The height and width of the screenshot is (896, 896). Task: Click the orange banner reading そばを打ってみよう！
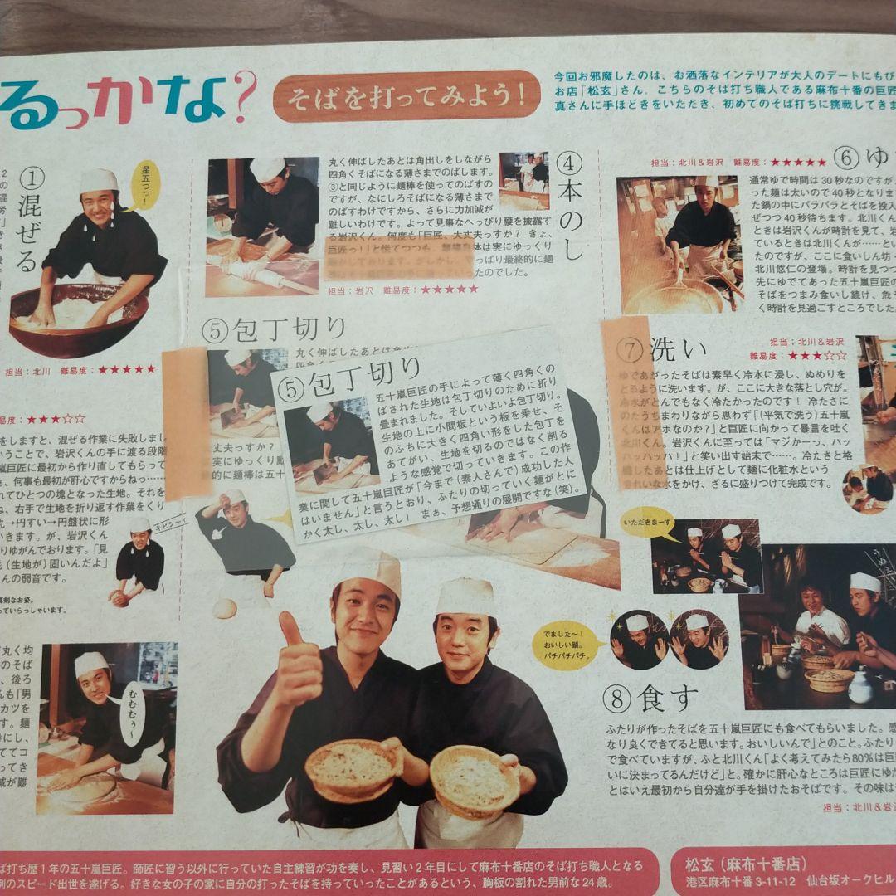[x=406, y=95]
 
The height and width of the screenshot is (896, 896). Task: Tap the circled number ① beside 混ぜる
[x=30, y=177]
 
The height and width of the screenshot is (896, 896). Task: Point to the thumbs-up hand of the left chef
[x=295, y=664]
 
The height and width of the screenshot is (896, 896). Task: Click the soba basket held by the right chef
[x=474, y=779]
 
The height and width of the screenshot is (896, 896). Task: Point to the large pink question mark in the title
[x=243, y=98]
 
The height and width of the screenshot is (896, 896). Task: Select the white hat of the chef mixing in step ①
[x=99, y=180]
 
